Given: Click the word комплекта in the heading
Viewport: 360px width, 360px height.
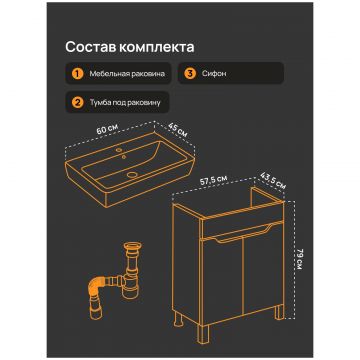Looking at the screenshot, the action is (156, 48).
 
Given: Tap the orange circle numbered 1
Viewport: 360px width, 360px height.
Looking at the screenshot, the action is (77, 74).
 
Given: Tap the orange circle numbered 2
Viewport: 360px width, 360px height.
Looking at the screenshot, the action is (77, 102).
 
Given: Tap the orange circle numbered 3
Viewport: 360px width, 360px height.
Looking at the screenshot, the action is (190, 74).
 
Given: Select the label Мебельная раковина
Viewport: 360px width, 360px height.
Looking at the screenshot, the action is (127, 74).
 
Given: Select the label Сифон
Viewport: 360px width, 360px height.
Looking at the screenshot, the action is (214, 74).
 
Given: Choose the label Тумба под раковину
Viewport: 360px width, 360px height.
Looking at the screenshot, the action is (125, 102).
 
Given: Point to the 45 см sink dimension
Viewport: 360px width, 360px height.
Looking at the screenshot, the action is (178, 130).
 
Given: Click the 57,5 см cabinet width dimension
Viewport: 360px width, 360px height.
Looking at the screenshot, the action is (215, 180).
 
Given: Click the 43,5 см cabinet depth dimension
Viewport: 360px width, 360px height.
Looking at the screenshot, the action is (272, 183).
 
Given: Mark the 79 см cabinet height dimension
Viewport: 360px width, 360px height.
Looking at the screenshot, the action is (299, 259).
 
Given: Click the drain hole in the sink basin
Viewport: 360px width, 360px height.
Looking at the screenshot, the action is (133, 174).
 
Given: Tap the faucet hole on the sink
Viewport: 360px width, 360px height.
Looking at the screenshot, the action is (119, 151).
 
